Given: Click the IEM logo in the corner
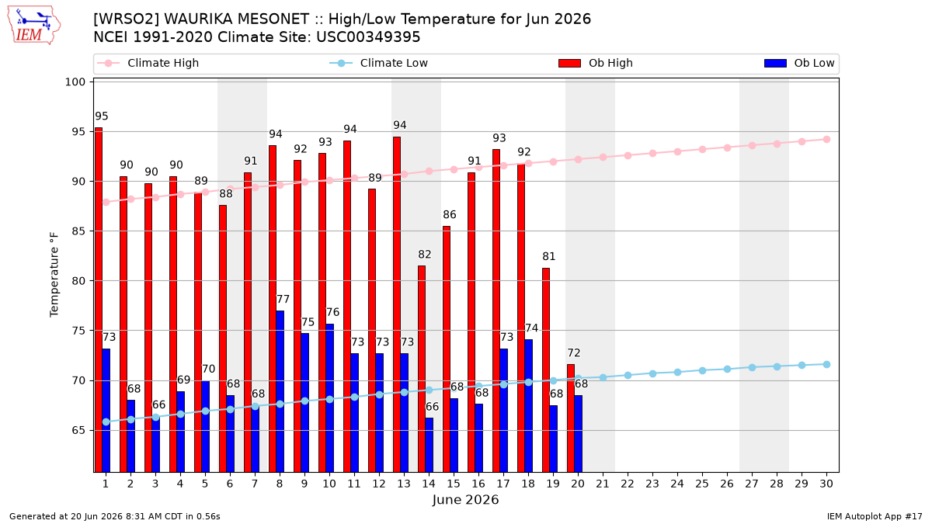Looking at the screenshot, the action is coord(33,26).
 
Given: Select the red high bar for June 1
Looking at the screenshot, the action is coord(99,300).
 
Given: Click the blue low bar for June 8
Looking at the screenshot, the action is coord(280,391).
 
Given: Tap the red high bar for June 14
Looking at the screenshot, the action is coord(422,369).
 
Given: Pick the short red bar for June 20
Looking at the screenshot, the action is coord(571,418).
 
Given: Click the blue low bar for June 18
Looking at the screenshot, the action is coord(528,406).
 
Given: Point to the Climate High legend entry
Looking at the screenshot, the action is coord(148,63).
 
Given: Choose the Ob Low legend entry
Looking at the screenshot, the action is coord(799,63).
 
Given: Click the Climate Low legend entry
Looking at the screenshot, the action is coord(378,63).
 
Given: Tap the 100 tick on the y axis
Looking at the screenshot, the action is coord(75,82).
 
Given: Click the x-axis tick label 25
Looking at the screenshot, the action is coord(702,484).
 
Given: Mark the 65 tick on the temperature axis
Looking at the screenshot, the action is coord(78,430).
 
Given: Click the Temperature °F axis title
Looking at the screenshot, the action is coord(54,275).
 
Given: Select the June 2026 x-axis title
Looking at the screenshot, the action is coord(465,500).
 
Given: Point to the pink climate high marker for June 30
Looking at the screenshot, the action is coord(826,139).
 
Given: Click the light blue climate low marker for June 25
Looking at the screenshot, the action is coord(702,370).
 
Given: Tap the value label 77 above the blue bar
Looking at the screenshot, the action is coord(283,300).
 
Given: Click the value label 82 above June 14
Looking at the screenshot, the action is coord(424,255).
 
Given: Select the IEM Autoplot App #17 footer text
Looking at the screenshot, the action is coord(875,516).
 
